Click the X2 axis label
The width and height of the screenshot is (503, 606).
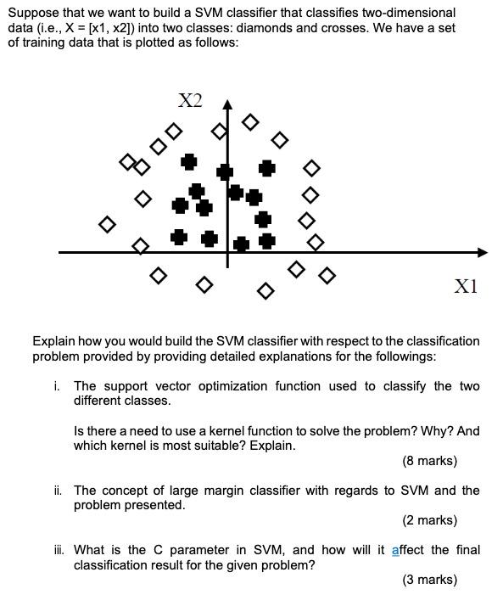191,100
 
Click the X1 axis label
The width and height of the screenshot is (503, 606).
466,286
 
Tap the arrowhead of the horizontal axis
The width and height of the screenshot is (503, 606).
483,252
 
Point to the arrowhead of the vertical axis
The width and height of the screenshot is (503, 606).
226,105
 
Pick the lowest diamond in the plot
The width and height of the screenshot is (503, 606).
265,292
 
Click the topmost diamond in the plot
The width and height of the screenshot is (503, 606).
249,122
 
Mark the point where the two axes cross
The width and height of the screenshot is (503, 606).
226,252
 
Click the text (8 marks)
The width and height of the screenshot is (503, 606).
429,461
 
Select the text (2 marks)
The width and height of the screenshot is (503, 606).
429,520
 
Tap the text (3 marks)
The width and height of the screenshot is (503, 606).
429,580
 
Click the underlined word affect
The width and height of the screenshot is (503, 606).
408,550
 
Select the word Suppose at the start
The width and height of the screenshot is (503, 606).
33,13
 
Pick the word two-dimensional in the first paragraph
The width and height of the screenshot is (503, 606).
401,13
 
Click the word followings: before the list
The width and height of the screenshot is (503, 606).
407,356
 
